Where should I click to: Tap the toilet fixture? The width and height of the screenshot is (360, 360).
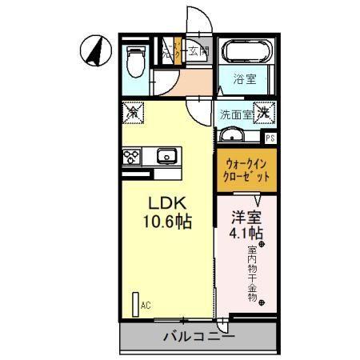[x=136, y=61]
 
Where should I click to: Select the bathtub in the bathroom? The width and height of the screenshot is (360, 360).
[x=246, y=54]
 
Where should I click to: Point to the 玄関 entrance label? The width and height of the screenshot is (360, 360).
[x=198, y=53]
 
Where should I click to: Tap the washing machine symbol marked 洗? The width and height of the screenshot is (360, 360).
[x=263, y=113]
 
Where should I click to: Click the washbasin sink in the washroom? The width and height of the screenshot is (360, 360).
[x=230, y=134]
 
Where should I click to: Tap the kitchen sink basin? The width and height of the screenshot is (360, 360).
[x=167, y=155]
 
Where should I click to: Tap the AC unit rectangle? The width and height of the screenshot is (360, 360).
[x=135, y=305]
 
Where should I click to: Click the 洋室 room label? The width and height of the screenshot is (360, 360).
[x=246, y=215]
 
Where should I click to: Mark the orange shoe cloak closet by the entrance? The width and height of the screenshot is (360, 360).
[x=170, y=54]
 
